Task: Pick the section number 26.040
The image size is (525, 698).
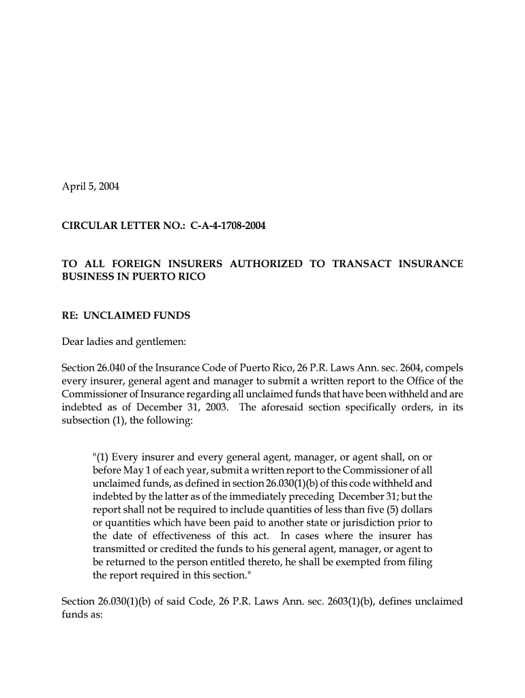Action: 114,368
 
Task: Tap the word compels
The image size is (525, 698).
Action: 442,368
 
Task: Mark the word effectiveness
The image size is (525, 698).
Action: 184,536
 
